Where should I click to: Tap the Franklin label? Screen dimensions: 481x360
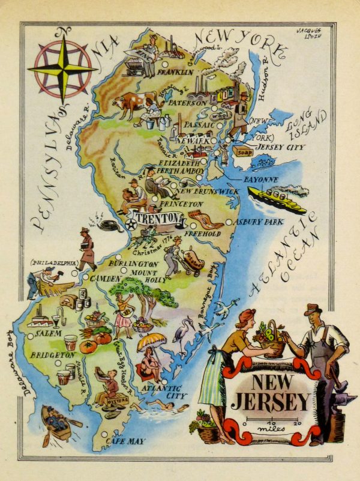175,71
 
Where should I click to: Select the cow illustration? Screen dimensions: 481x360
132,106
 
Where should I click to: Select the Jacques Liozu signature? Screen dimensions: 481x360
310,34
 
